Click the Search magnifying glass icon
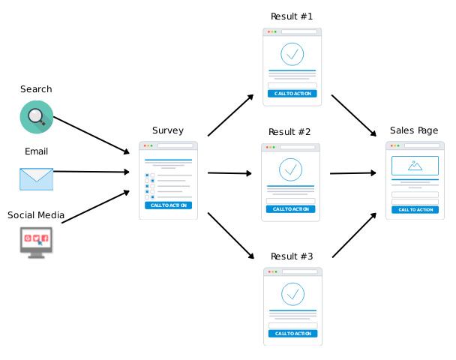point(36,116)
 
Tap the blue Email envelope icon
point(36,178)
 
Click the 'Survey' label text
point(167,130)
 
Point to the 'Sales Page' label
point(414,130)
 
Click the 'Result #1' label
point(292,16)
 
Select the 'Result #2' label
point(289,132)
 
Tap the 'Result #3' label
point(292,256)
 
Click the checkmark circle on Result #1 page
point(292,54)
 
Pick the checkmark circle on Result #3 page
point(292,293)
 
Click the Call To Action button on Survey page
point(168,205)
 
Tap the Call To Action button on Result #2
point(290,209)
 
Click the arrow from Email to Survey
point(91,172)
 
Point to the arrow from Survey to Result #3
point(231,236)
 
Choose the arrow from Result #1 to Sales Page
point(353,115)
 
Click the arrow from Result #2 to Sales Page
point(352,173)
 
